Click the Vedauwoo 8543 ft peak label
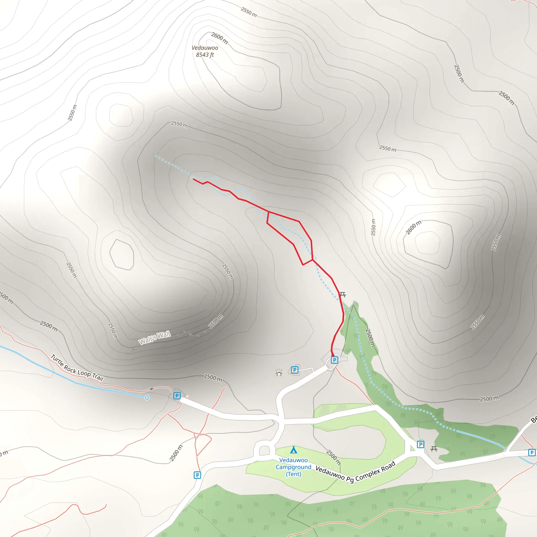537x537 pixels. coord(205,51)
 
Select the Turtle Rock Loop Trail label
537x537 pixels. coord(77,368)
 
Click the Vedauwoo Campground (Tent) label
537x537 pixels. coord(293,467)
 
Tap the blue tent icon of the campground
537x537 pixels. coord(293,450)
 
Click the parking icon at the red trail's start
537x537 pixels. coord(334,360)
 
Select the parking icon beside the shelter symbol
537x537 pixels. coord(294,370)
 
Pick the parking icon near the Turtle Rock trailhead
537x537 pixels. coord(177,395)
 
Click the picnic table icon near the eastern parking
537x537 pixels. coord(434,449)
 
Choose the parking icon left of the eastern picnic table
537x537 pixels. coord(421,444)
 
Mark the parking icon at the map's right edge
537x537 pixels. coord(532,453)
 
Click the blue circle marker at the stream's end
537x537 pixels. coord(147,398)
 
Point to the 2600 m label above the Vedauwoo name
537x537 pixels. coord(219,38)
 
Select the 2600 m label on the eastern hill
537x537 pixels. coord(413,227)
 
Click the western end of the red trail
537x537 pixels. coord(194,179)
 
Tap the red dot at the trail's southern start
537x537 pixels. coord(333,356)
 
